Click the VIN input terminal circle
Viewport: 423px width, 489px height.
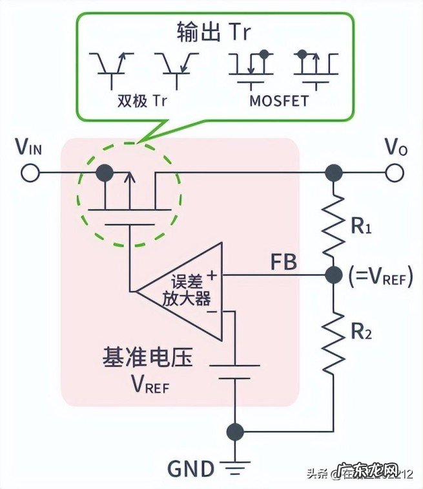(x=28, y=173)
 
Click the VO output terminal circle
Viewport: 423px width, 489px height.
(x=395, y=173)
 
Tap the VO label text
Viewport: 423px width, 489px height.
(x=395, y=148)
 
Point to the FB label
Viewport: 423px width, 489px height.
(x=285, y=262)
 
